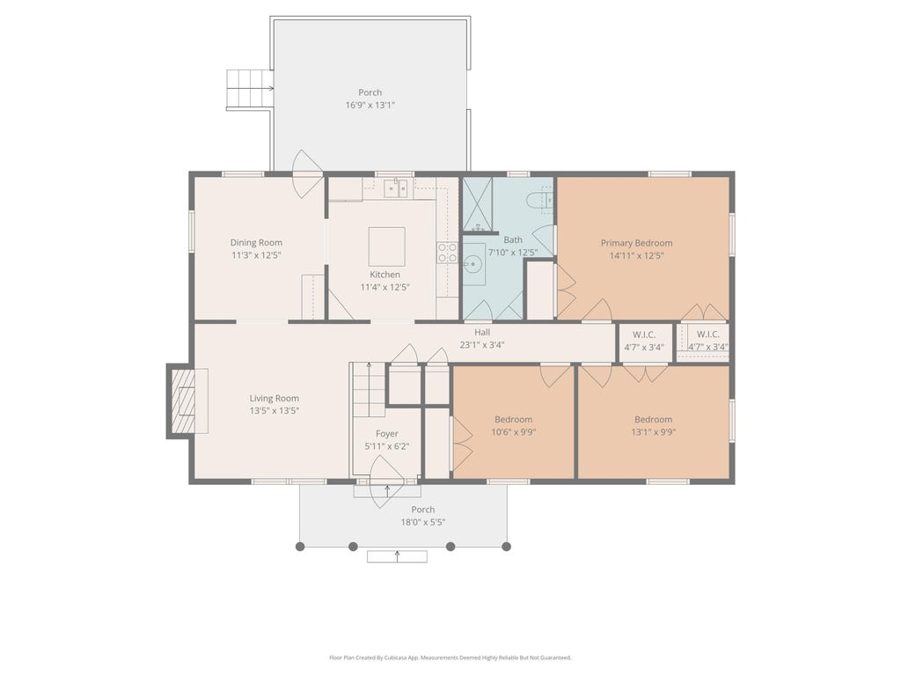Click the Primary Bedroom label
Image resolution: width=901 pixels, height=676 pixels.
pyautogui.click(x=636, y=243)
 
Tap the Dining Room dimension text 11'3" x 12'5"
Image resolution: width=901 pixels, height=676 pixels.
pyautogui.click(x=256, y=255)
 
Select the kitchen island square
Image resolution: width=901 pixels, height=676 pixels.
pyautogui.click(x=387, y=246)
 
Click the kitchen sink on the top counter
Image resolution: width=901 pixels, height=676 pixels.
pyautogui.click(x=395, y=188)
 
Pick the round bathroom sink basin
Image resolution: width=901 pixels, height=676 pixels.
pyautogui.click(x=472, y=265)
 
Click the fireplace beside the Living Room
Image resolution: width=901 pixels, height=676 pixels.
pyautogui.click(x=187, y=400)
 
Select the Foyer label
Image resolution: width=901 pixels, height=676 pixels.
pyautogui.click(x=387, y=434)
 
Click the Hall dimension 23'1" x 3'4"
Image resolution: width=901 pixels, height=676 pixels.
pyautogui.click(x=482, y=345)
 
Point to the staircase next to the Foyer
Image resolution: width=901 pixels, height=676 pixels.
pyautogui.click(x=369, y=390)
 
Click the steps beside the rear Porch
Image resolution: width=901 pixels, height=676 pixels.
pyautogui.click(x=249, y=89)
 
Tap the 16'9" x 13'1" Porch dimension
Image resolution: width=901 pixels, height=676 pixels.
pyautogui.click(x=370, y=106)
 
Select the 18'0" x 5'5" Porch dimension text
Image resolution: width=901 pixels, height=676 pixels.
pyautogui.click(x=423, y=523)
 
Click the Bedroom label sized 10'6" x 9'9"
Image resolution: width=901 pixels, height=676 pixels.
pyautogui.click(x=513, y=420)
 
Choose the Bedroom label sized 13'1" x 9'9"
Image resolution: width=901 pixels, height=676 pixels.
pyautogui.click(x=654, y=420)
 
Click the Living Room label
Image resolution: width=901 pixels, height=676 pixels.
pyautogui.click(x=275, y=399)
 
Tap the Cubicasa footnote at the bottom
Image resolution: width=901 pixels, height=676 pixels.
pyautogui.click(x=450, y=658)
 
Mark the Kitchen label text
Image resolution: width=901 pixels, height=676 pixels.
pyautogui.click(x=385, y=275)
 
